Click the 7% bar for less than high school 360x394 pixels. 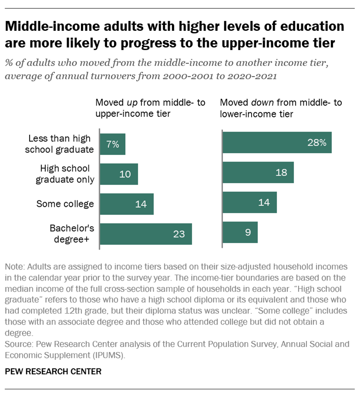coord(113,143)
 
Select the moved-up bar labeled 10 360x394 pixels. coord(119,174)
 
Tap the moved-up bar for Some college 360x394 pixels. coord(127,204)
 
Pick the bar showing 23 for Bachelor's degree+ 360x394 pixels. coord(146,234)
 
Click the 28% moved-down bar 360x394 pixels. coord(277,143)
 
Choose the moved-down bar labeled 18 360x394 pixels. coord(258,173)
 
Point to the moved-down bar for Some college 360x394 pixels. coord(250,203)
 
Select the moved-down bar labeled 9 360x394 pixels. coord(240,233)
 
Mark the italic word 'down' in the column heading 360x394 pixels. coord(262,103)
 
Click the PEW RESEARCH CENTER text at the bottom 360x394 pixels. coord(53,371)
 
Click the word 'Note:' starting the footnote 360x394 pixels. coord(15,266)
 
